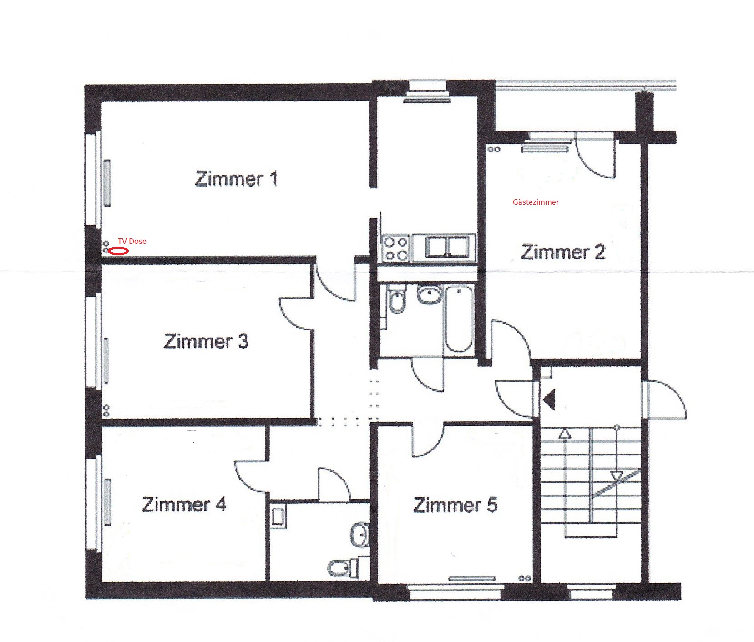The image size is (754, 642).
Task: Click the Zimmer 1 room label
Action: click(x=236, y=179)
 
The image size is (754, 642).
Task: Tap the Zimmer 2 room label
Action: click(x=563, y=252)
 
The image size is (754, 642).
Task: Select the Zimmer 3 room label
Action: click(x=206, y=341)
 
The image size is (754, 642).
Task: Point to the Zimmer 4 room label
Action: click(x=184, y=504)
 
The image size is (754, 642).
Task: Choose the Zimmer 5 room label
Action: click(x=455, y=505)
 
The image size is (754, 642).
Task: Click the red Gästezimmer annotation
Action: click(x=536, y=202)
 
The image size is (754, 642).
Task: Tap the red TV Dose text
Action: click(x=132, y=241)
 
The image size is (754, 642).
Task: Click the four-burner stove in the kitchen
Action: click(x=395, y=248)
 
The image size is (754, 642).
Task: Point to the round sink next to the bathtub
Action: click(x=429, y=294)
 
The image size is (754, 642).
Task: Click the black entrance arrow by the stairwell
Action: click(x=549, y=400)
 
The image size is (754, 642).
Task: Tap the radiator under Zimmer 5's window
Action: click(x=472, y=578)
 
